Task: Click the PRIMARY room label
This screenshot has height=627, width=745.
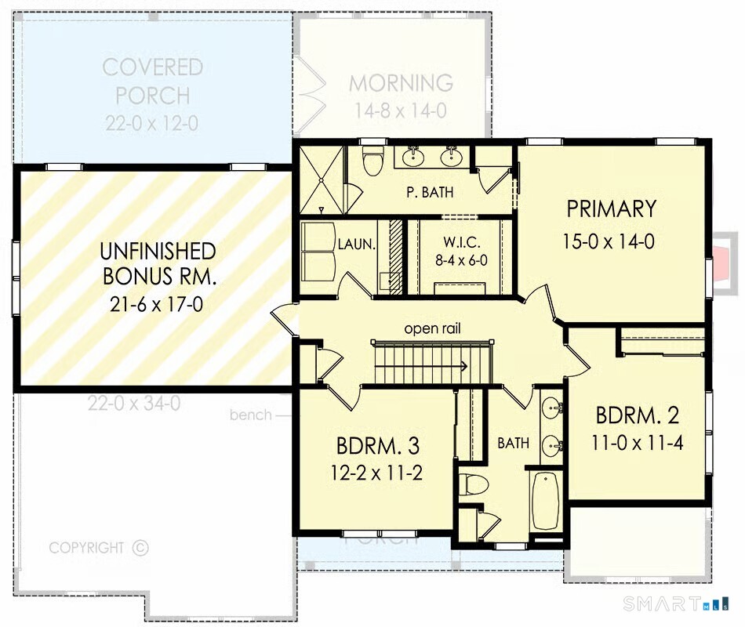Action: (611, 209)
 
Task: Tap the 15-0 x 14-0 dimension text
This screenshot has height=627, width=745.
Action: (608, 241)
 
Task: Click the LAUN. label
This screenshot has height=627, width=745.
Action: (357, 244)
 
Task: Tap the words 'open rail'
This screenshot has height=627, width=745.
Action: (431, 328)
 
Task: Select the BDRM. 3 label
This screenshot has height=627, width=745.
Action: (377, 446)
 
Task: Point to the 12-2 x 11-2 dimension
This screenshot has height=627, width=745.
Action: (377, 475)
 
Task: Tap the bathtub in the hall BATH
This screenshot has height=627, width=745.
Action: (546, 499)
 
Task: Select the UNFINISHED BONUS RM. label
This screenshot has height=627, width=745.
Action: (158, 264)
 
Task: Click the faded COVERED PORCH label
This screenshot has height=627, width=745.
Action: (153, 81)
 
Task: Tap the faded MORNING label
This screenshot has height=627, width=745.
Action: (401, 83)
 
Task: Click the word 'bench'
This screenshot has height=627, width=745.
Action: (251, 415)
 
